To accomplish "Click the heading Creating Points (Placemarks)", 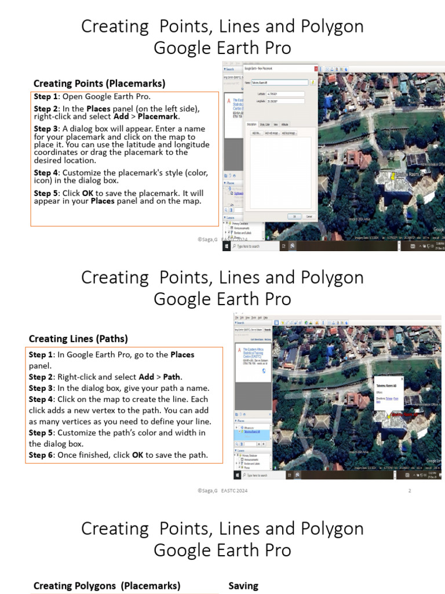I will click(99, 83).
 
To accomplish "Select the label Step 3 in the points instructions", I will click(45, 129).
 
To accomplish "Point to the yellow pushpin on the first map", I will click(392, 175).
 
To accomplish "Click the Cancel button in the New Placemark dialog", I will click(309, 216).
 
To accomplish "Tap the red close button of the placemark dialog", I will click(316, 68).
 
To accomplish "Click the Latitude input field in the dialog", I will click(285, 93).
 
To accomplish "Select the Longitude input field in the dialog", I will click(285, 101).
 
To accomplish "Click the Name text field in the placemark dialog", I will click(280, 83).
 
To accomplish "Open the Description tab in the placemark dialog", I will click(251, 124).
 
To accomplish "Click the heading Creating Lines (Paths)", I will click(78, 339).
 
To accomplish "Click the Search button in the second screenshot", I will click(268, 329).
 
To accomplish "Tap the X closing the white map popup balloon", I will click(402, 378).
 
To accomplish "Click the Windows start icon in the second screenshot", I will click(238, 475).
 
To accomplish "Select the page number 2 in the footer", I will click(410, 491).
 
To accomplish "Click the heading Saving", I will click(243, 586).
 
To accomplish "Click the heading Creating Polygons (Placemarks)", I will click(107, 586).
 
